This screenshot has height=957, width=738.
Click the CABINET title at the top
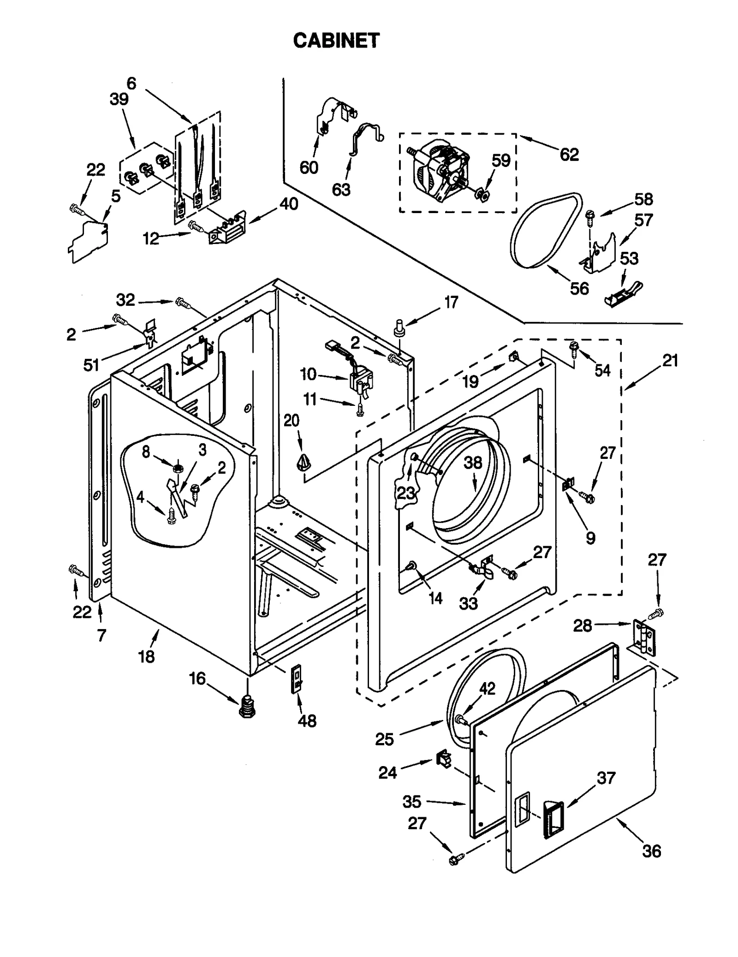pos(336,41)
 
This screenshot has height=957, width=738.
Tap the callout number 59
pos(500,160)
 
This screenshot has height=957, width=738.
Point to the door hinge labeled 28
pos(643,637)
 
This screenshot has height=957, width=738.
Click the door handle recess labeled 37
pos(553,819)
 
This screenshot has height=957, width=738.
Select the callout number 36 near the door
pos(651,851)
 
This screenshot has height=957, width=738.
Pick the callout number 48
pos(307,720)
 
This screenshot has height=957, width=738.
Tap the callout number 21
pos(670,360)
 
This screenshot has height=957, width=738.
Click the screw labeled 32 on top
pos(183,303)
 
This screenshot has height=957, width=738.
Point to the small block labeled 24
pos(443,759)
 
